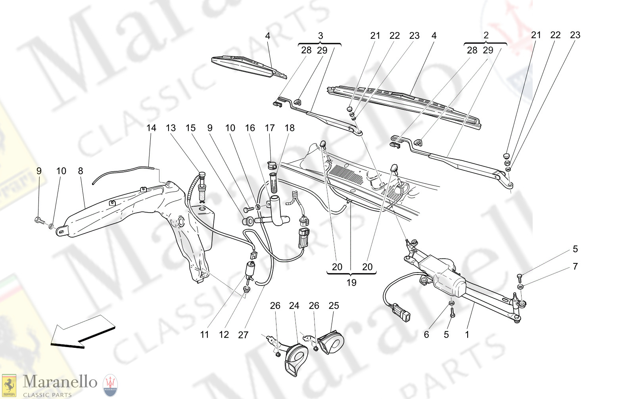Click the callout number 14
click(151, 128)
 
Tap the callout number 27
click(243, 335)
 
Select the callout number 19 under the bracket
click(351, 283)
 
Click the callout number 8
click(81, 171)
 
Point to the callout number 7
click(575, 267)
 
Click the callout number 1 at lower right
click(467, 334)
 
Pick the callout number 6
click(426, 334)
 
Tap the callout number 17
click(270, 128)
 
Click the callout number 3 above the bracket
click(320, 36)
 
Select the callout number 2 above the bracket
click(486, 35)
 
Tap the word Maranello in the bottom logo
click(60, 382)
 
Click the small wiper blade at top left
click(248, 65)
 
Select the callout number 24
click(294, 305)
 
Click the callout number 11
click(204, 335)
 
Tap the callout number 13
click(171, 128)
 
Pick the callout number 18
click(290, 128)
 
